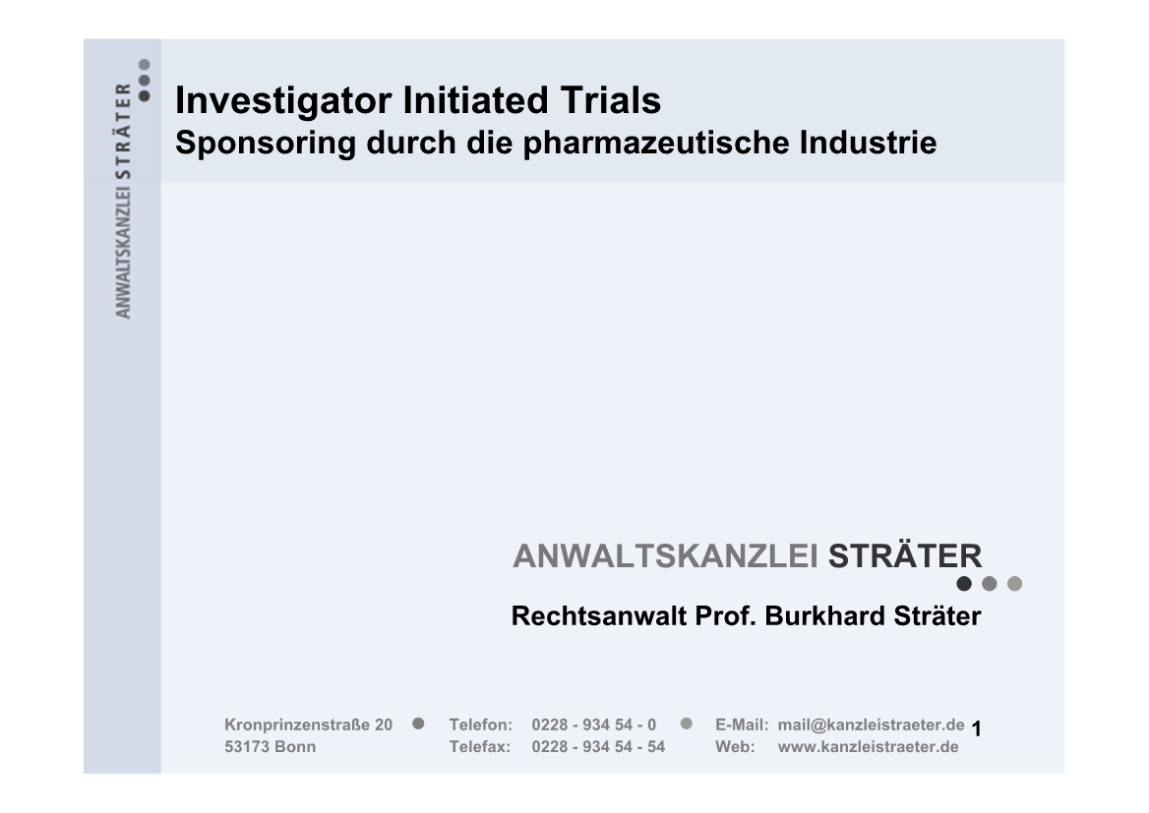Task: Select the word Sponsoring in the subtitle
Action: (x=266, y=144)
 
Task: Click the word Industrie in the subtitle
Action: (x=869, y=143)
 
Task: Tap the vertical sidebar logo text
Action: (x=123, y=200)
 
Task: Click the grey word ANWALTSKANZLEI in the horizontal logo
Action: (x=665, y=555)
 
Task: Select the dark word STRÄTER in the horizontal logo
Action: (x=905, y=554)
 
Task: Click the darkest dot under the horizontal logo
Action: (x=964, y=584)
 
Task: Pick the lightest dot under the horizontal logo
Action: (x=1015, y=584)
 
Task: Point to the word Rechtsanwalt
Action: (x=598, y=616)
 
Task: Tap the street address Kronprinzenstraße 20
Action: (x=309, y=726)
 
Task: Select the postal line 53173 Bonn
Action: (x=271, y=747)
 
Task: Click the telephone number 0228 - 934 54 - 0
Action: (x=594, y=726)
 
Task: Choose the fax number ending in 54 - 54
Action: (x=599, y=747)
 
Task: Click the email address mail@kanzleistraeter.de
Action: (x=872, y=726)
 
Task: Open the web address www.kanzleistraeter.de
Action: (x=869, y=747)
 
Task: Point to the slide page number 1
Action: (x=976, y=728)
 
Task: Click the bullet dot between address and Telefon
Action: (x=418, y=724)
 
